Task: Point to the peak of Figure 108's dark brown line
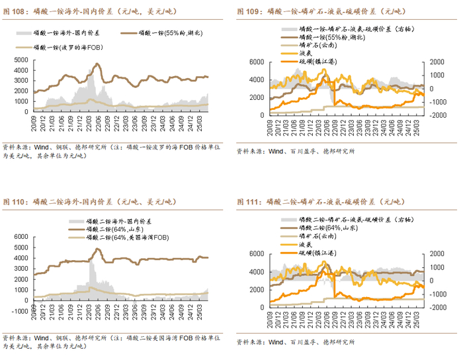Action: (x=97, y=64)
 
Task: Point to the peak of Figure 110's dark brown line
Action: (x=97, y=249)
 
